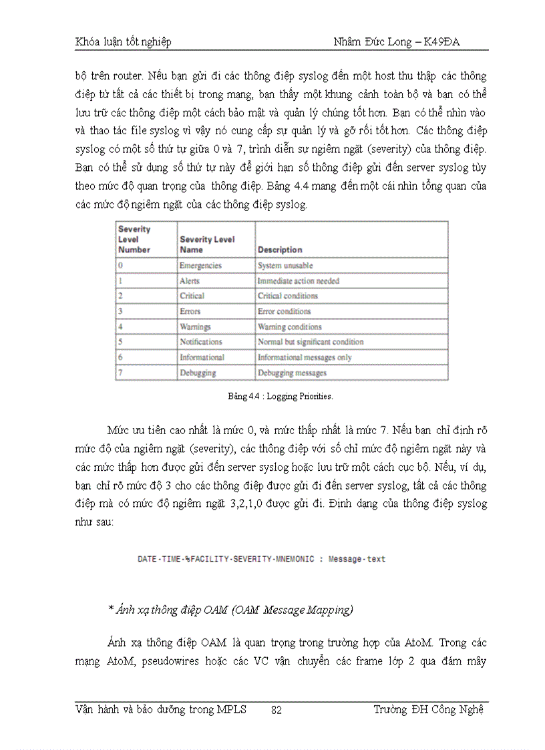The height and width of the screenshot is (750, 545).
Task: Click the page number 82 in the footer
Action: point(276,710)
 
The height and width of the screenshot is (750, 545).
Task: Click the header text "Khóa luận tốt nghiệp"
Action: point(123,42)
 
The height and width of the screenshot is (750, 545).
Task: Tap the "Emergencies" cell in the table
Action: point(200,265)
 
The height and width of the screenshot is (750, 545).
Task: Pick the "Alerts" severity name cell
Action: point(189,281)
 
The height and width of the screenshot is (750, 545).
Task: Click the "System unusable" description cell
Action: point(285,265)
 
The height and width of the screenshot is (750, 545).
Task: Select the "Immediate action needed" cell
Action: point(299,281)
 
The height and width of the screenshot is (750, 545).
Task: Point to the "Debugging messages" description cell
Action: point(292,373)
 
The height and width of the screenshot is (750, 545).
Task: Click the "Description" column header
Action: point(280,250)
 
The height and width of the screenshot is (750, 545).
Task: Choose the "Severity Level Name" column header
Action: point(207,244)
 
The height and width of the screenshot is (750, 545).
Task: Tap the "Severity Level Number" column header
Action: point(134,239)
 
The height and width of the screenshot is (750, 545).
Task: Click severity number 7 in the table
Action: point(120,373)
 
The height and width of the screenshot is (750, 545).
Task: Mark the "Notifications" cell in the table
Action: point(200,342)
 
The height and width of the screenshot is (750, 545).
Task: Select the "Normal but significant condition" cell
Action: point(311,342)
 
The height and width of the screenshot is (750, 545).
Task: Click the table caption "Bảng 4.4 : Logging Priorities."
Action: point(281,396)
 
